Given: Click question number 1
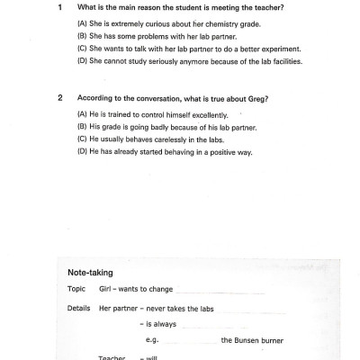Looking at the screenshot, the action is pyautogui.click(x=58, y=6).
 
